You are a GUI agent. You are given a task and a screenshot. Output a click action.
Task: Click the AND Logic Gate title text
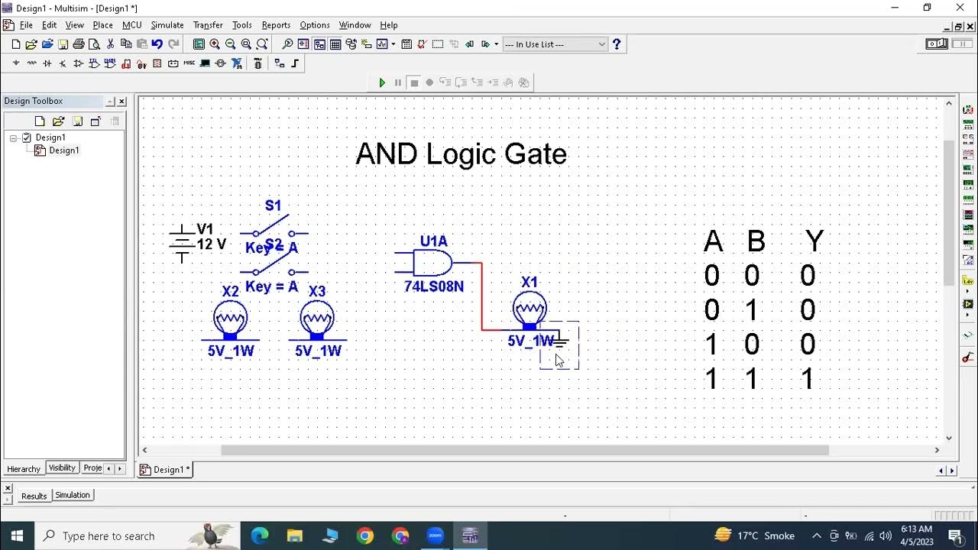click(x=461, y=154)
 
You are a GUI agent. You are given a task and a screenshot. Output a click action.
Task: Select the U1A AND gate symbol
click(x=432, y=264)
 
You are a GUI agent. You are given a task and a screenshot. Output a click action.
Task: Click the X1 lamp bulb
click(x=529, y=309)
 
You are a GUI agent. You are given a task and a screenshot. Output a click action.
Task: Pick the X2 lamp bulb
click(x=230, y=317)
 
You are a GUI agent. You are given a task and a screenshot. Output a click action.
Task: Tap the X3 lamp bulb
click(x=317, y=317)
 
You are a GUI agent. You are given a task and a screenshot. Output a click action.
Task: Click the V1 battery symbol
click(x=182, y=244)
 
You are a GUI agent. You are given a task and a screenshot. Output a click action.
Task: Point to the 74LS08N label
click(x=434, y=286)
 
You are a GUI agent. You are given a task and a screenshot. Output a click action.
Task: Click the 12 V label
click(x=212, y=244)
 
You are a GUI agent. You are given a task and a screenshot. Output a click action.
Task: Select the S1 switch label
click(x=273, y=205)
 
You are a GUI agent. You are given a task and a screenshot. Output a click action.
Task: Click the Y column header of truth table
click(x=814, y=241)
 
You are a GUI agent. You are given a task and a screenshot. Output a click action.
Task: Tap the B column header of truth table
click(x=756, y=241)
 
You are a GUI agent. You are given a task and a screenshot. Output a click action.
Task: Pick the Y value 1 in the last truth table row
click(x=808, y=379)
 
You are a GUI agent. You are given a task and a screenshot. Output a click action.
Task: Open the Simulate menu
click(x=167, y=25)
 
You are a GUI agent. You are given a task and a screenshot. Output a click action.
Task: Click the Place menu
click(x=102, y=25)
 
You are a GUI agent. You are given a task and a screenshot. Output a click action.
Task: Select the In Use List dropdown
click(x=555, y=44)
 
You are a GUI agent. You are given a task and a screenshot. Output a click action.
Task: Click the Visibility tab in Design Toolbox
click(x=62, y=467)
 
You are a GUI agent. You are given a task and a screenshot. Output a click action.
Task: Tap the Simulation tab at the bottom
click(x=73, y=495)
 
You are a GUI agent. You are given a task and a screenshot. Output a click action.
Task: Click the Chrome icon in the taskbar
click(x=365, y=535)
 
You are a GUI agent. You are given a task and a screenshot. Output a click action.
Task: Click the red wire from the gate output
click(x=481, y=298)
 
